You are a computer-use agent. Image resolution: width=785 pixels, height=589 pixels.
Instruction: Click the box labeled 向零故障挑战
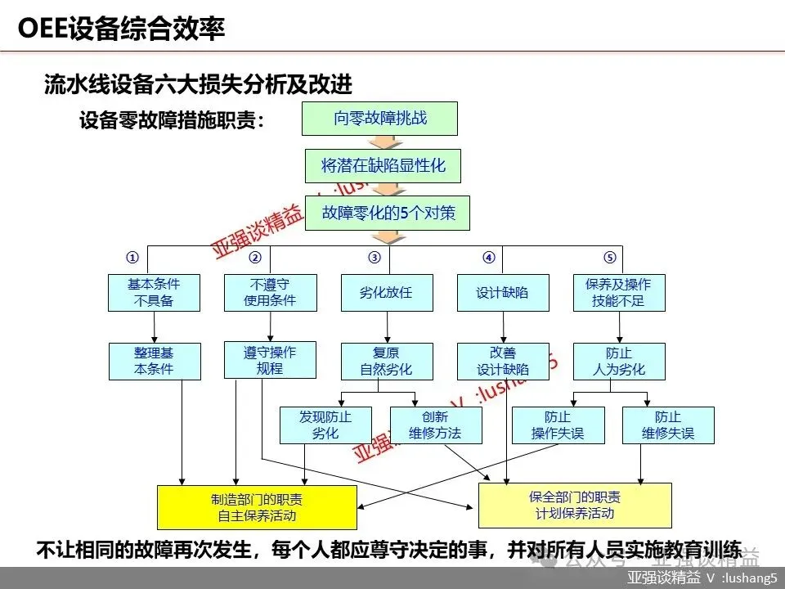coord(379,119)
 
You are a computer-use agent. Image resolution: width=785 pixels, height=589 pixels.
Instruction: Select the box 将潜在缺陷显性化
coord(383,166)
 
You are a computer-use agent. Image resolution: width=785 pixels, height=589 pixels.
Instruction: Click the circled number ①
coord(132,258)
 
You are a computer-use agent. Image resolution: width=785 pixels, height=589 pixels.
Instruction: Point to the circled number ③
coord(375,258)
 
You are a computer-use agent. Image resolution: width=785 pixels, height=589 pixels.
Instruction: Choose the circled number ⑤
coord(609,258)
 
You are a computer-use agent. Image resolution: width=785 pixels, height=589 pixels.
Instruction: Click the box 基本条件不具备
coord(154,293)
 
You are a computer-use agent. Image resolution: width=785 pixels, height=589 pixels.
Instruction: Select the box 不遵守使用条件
coord(270,293)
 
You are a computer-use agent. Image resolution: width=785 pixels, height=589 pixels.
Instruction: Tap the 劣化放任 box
coord(386,293)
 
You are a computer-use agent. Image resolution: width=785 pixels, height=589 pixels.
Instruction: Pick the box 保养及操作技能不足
coord(618,293)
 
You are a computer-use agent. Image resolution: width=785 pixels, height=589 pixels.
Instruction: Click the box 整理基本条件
coord(154,361)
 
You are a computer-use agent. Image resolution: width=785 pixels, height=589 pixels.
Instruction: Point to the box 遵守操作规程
coord(270,360)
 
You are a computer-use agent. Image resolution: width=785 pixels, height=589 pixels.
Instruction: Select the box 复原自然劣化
coord(386,362)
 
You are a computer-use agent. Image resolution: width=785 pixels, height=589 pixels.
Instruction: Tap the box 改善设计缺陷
coord(503,362)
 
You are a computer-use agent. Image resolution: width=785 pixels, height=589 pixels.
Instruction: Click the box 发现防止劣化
coord(325,425)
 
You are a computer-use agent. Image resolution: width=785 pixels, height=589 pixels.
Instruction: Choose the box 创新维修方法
coord(436,425)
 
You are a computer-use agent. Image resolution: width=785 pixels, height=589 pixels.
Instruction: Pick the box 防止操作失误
coord(558,425)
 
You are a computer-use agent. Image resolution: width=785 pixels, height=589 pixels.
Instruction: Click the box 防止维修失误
coord(668,425)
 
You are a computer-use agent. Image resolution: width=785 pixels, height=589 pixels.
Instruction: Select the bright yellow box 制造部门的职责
coord(257,507)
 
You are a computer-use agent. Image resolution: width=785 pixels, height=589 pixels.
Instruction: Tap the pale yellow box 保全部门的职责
coord(575,506)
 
